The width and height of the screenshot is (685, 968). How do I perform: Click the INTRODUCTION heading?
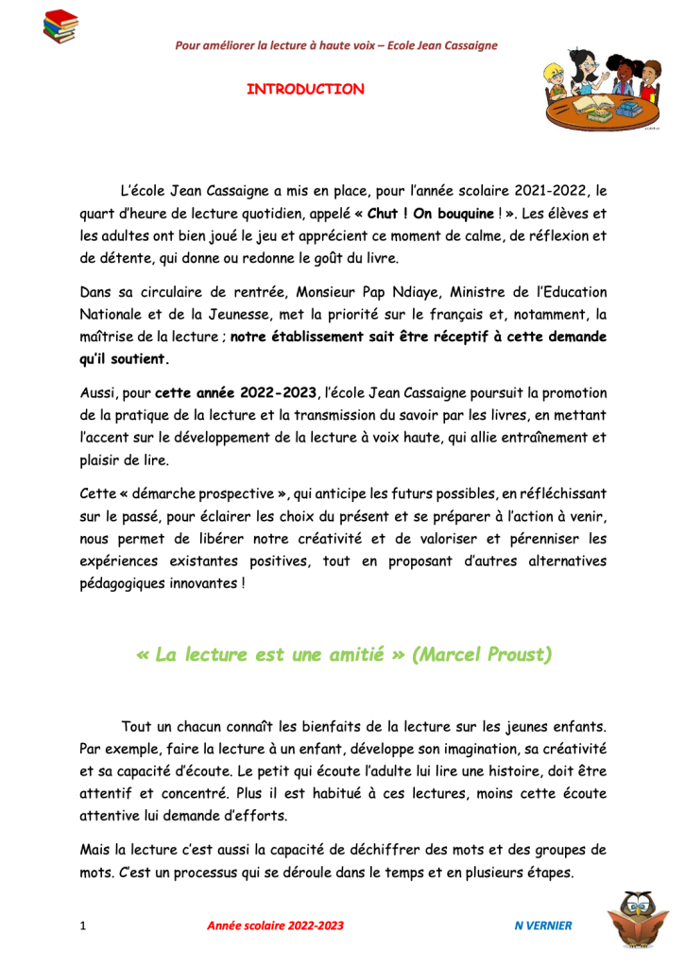(305, 90)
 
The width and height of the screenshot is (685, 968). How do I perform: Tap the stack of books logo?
(61, 26)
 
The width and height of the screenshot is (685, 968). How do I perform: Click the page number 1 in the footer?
(84, 925)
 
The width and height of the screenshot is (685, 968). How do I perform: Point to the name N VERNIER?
(537, 925)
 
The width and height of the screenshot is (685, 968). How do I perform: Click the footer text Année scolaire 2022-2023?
(275, 925)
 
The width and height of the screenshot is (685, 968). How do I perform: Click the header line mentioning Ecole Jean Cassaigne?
(336, 45)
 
